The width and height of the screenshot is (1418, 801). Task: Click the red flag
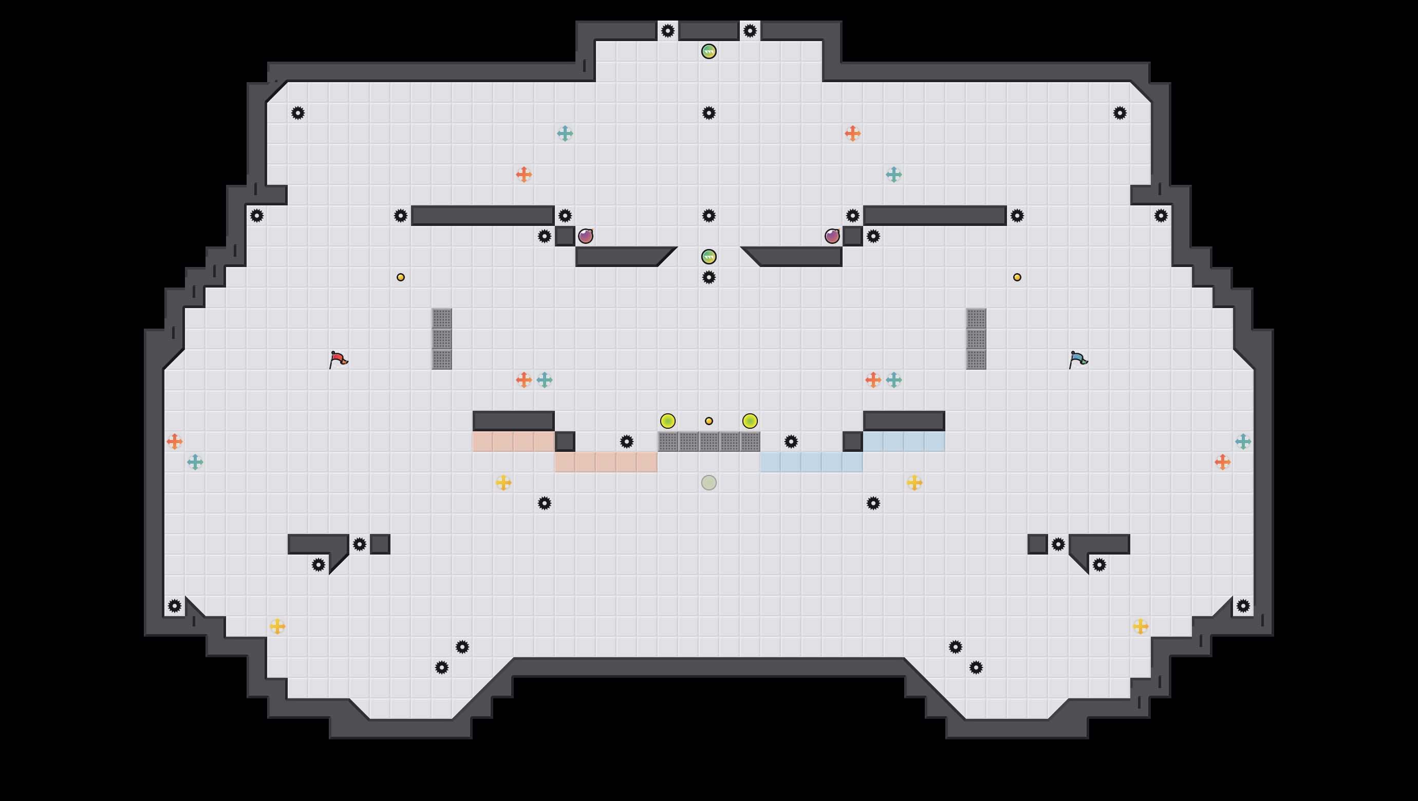(338, 360)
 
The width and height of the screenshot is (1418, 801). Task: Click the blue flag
(1077, 360)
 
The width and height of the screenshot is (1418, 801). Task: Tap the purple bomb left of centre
(585, 236)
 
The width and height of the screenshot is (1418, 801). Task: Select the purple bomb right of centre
(832, 236)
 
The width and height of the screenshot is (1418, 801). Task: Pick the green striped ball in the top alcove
(708, 51)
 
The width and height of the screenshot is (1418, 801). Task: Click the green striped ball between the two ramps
(708, 256)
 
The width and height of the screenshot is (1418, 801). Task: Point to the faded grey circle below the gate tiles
(708, 483)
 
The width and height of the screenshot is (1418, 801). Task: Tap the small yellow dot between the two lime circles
(708, 421)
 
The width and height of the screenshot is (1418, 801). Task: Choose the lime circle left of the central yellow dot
(667, 421)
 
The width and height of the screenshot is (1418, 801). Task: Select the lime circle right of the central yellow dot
(750, 421)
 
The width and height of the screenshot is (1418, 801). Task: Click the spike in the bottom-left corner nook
(175, 606)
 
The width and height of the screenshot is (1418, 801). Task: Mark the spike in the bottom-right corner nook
(1243, 606)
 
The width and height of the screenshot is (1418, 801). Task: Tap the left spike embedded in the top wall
(667, 31)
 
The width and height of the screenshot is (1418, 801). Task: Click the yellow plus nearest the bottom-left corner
(277, 626)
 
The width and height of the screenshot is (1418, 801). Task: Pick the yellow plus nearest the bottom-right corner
(1140, 626)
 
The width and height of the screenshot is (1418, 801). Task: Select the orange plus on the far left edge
(175, 441)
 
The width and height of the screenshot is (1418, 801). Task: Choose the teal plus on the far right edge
(1243, 441)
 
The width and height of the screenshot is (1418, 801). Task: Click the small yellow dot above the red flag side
(400, 277)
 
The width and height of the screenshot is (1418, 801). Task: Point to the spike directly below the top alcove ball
(708, 113)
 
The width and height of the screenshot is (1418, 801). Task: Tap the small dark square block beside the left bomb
(565, 236)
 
